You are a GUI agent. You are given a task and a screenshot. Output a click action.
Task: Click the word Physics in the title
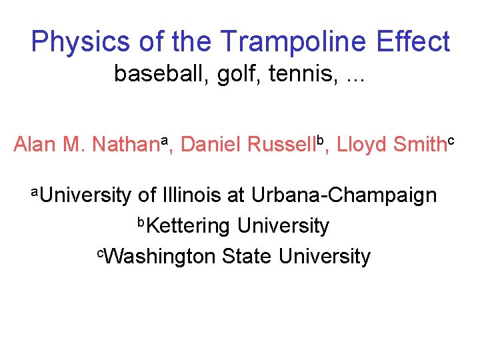coord(80,42)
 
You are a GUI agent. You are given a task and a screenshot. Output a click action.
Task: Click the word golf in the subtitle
coord(233,73)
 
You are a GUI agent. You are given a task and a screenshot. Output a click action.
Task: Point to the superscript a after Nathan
coord(165,138)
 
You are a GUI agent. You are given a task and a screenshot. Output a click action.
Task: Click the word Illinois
coord(191,195)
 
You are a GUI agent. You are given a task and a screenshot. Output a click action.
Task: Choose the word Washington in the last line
coord(159,256)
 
